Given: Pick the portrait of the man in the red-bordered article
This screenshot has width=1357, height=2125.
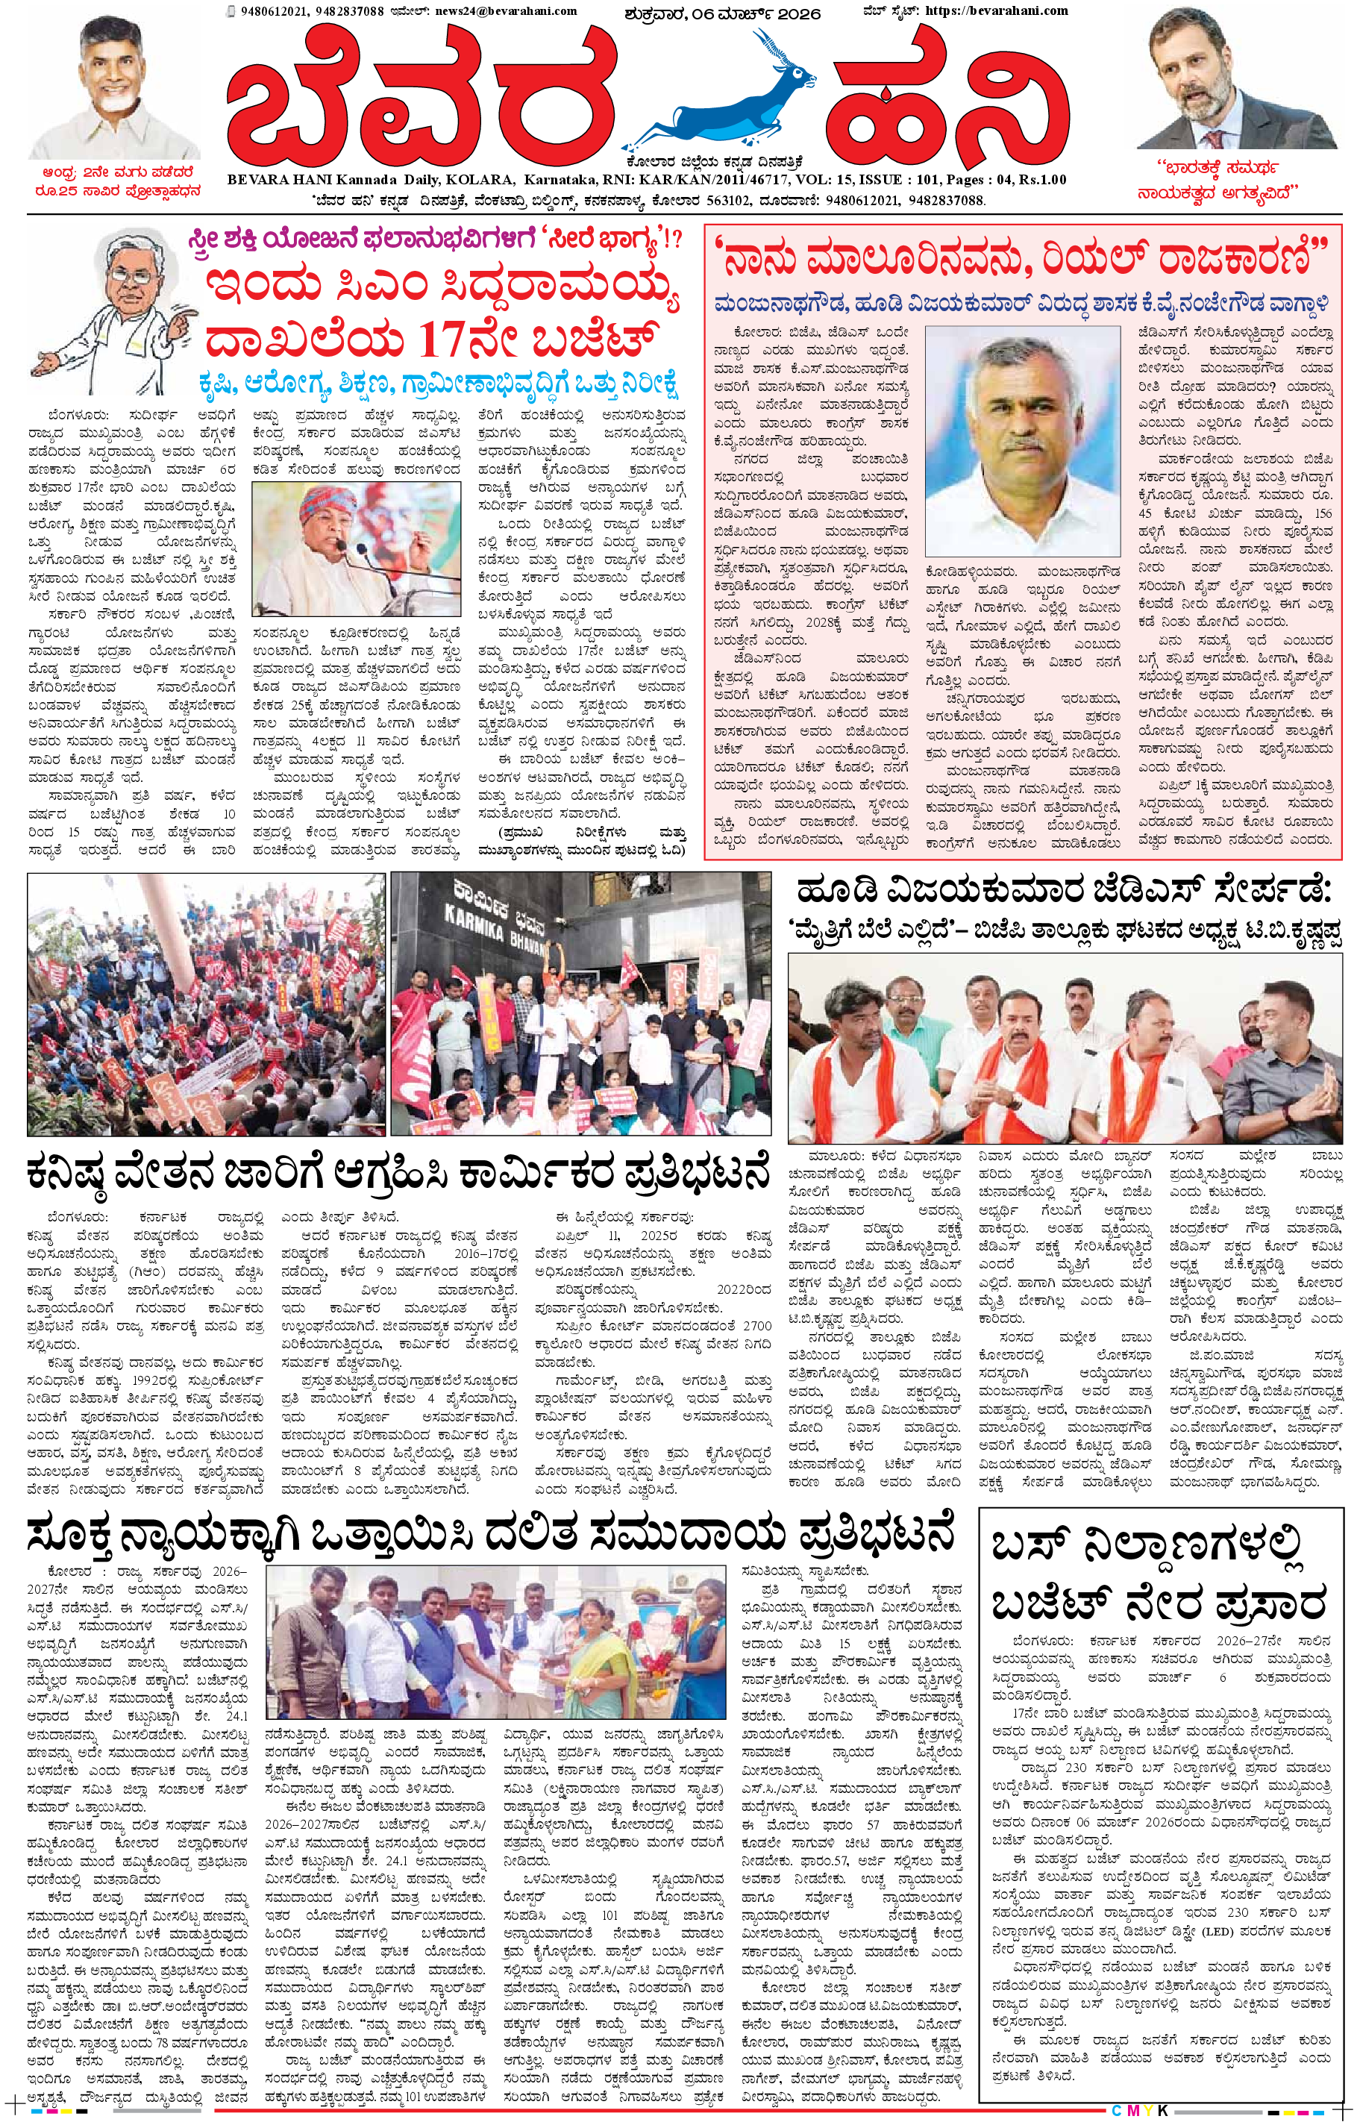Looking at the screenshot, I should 1022,439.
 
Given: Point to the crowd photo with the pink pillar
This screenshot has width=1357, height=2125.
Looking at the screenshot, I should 206,1004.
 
